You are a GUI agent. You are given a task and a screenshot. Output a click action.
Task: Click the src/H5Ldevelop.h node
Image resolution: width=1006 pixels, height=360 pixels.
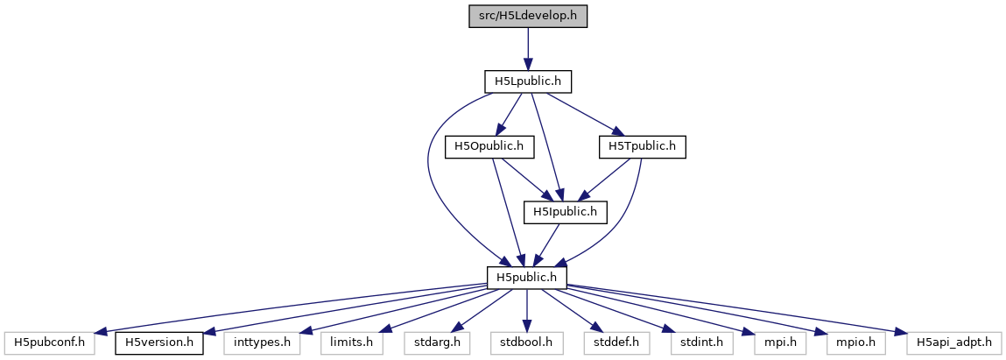pyautogui.click(x=527, y=16)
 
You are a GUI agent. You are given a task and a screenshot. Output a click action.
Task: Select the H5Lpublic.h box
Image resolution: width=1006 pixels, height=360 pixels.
pyautogui.click(x=527, y=81)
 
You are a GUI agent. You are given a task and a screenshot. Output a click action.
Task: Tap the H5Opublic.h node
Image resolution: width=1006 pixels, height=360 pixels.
pyautogui.click(x=484, y=146)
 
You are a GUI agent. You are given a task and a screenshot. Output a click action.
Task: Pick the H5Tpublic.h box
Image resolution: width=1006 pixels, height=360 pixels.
pyautogui.click(x=642, y=146)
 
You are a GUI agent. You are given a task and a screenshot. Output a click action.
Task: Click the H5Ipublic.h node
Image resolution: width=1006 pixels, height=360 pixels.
pyautogui.click(x=565, y=211)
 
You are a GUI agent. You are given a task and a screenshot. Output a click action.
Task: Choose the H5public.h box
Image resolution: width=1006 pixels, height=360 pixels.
pyautogui.click(x=527, y=277)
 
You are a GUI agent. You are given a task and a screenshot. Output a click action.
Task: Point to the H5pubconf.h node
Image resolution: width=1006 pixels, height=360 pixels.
pyautogui.click(x=48, y=342)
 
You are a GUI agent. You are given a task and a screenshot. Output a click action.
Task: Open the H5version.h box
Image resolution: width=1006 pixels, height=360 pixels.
pyautogui.click(x=159, y=342)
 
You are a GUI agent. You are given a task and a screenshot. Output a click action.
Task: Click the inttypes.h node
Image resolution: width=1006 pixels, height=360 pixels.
pyautogui.click(x=262, y=342)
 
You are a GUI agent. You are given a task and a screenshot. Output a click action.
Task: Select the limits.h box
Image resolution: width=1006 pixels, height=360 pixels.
pyautogui.click(x=351, y=342)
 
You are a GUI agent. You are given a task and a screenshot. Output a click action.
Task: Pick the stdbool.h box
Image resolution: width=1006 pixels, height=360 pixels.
pyautogui.click(x=527, y=342)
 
